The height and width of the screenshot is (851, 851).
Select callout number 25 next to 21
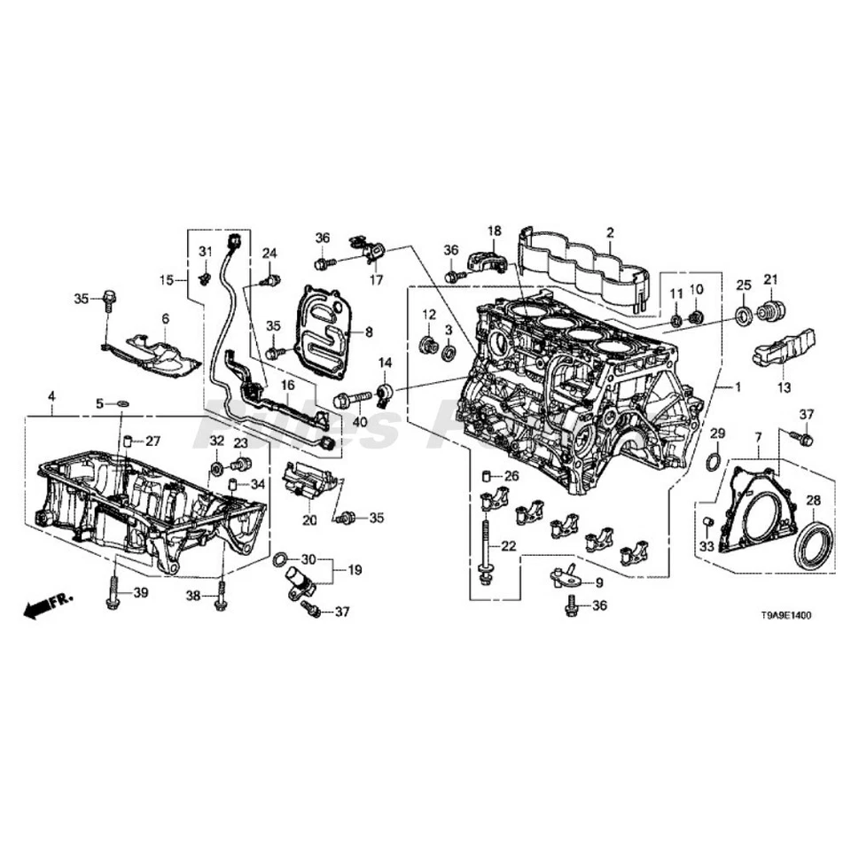744,284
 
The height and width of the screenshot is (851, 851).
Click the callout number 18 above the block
494,230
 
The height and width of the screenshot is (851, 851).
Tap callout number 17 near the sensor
376,280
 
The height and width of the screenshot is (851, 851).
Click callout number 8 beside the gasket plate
369,332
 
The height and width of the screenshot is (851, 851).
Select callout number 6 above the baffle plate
165,318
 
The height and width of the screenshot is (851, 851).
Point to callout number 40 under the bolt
359,422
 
